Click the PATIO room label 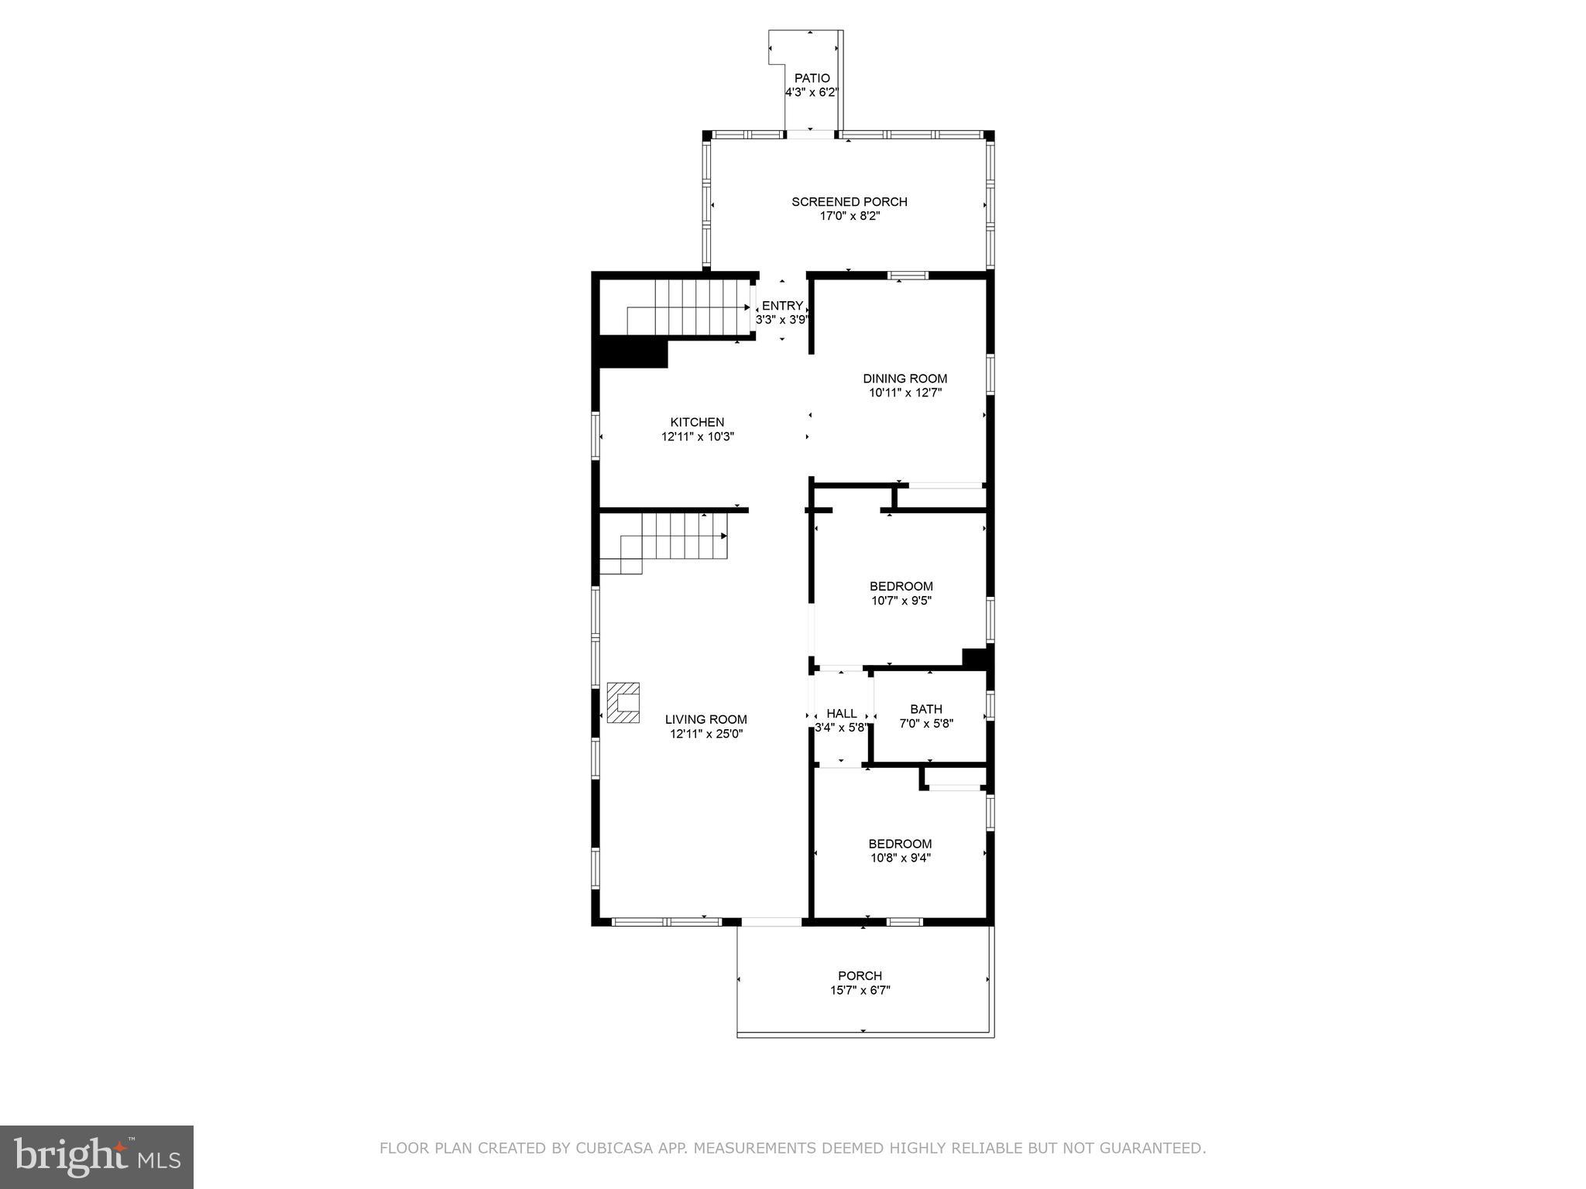point(812,78)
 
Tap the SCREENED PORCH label point(849,202)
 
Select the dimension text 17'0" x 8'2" point(850,216)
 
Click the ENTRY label point(782,306)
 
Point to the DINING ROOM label point(905,379)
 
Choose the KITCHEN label point(697,422)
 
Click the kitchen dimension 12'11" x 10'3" point(697,437)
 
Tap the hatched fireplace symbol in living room point(623,702)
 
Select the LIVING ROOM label point(705,719)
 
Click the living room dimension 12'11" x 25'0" point(705,734)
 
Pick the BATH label point(925,709)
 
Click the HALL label point(841,714)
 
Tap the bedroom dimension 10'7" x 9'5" point(901,601)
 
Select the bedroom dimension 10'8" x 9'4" point(900,858)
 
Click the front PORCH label point(860,975)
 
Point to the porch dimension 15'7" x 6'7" point(860,990)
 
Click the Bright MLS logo point(97,1156)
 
